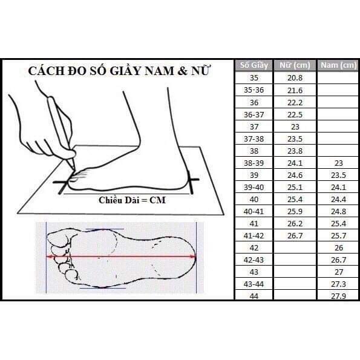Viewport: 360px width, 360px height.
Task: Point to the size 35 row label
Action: (x=254, y=78)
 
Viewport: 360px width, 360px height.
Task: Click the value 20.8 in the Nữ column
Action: (x=295, y=78)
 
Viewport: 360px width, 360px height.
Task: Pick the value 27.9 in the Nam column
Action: (x=337, y=295)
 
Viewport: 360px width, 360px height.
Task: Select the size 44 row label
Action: (x=254, y=295)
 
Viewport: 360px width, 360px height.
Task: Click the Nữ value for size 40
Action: (x=295, y=198)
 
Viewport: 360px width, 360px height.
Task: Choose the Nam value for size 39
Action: (x=337, y=174)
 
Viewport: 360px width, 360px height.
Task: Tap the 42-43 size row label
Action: (x=254, y=259)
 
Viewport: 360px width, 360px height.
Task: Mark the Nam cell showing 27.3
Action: (x=337, y=283)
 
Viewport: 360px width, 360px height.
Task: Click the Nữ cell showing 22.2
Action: (x=295, y=102)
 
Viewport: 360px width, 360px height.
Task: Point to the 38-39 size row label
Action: (x=254, y=162)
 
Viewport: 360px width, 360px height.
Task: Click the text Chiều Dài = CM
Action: (x=132, y=200)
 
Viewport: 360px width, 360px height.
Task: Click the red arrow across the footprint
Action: (x=121, y=257)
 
